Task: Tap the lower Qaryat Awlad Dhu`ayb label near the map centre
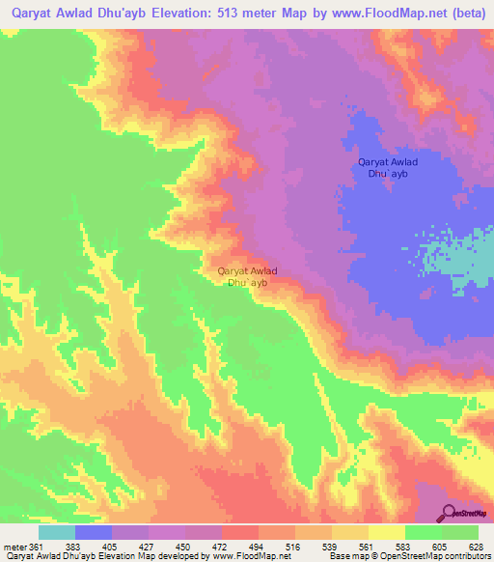click(248, 277)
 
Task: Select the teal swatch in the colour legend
click(57, 532)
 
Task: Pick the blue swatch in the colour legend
click(94, 532)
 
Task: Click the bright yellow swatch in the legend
click(386, 532)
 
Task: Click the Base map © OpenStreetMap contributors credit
click(405, 556)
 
